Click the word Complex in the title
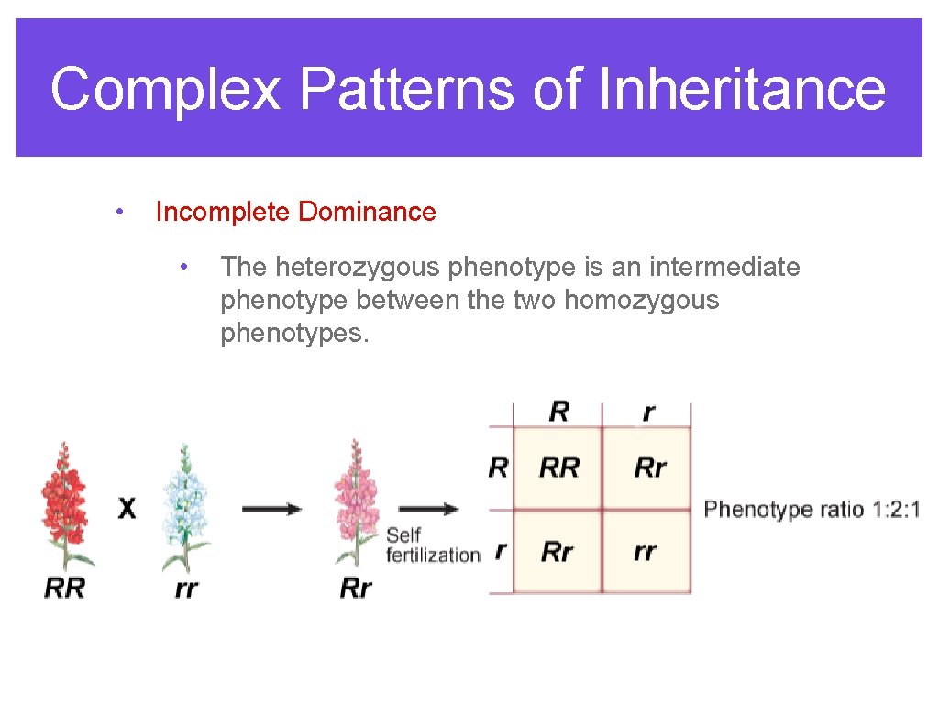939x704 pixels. (165, 90)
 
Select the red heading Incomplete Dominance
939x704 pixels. (295, 212)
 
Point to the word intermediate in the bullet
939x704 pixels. (724, 267)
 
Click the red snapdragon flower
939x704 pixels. (64, 504)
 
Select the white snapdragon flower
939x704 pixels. (187, 504)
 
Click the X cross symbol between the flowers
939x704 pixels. (127, 508)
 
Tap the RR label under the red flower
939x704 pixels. (64, 588)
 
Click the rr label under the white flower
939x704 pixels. (186, 588)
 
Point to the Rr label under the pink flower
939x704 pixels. (356, 588)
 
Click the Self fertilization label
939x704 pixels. (431, 544)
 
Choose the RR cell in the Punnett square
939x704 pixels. (558, 467)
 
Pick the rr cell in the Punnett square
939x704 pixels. (646, 552)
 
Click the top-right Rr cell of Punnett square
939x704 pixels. (649, 467)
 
